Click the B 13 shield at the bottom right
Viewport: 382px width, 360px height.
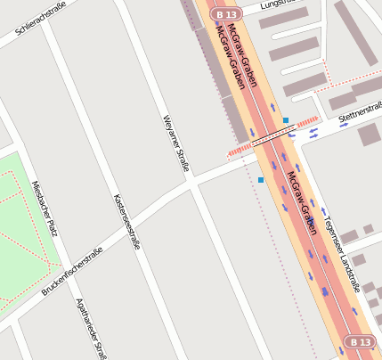pyautogui.click(x=360, y=341)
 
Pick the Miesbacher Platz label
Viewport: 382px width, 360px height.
pyautogui.click(x=45, y=209)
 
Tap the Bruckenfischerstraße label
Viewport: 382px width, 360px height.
pyautogui.click(x=72, y=271)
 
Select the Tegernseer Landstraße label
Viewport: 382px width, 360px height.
pyautogui.click(x=342, y=254)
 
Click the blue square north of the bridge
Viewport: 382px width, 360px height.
pyautogui.click(x=286, y=119)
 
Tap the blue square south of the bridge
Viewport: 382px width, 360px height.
pyautogui.click(x=261, y=180)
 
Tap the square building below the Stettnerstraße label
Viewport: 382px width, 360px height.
pyautogui.click(x=370, y=135)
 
